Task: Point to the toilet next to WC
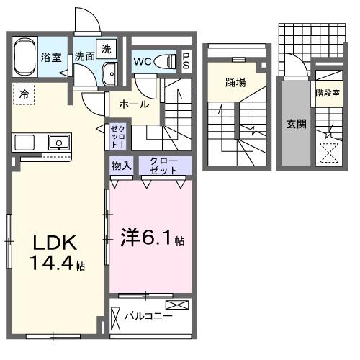pos(168,62)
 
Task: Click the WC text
pos(142,62)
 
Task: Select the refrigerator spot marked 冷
pos(24,94)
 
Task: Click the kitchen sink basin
pos(57,142)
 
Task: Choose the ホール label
pos(134,104)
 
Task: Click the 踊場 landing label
pos(235,82)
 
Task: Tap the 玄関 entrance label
pos(296,123)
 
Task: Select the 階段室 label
pos(328,94)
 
